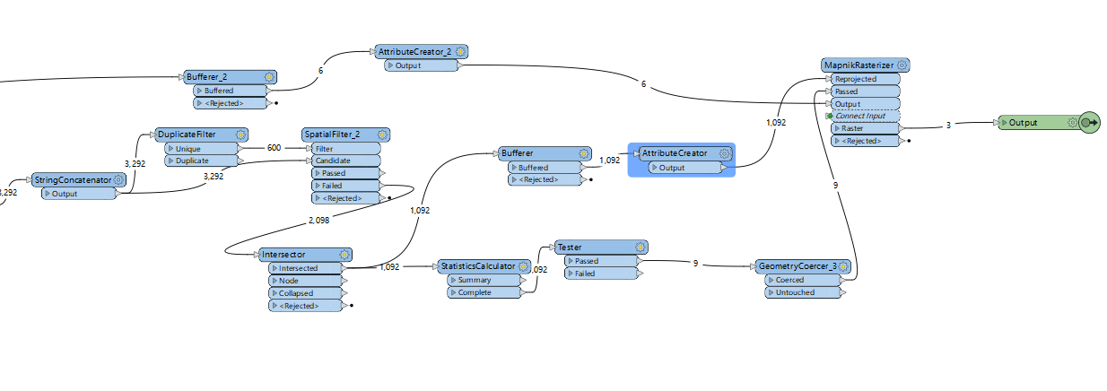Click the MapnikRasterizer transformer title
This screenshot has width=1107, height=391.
tap(859, 65)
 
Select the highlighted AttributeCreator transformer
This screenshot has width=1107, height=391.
tap(674, 153)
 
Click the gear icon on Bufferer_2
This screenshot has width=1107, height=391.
tap(268, 77)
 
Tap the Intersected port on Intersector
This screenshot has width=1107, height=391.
tap(305, 268)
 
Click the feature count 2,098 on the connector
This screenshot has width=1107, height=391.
tap(319, 220)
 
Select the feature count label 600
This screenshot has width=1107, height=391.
tap(275, 148)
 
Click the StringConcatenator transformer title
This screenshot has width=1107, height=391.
tap(73, 180)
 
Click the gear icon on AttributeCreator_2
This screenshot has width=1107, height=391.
tap(460, 52)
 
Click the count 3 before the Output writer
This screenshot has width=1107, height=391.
tap(948, 126)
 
